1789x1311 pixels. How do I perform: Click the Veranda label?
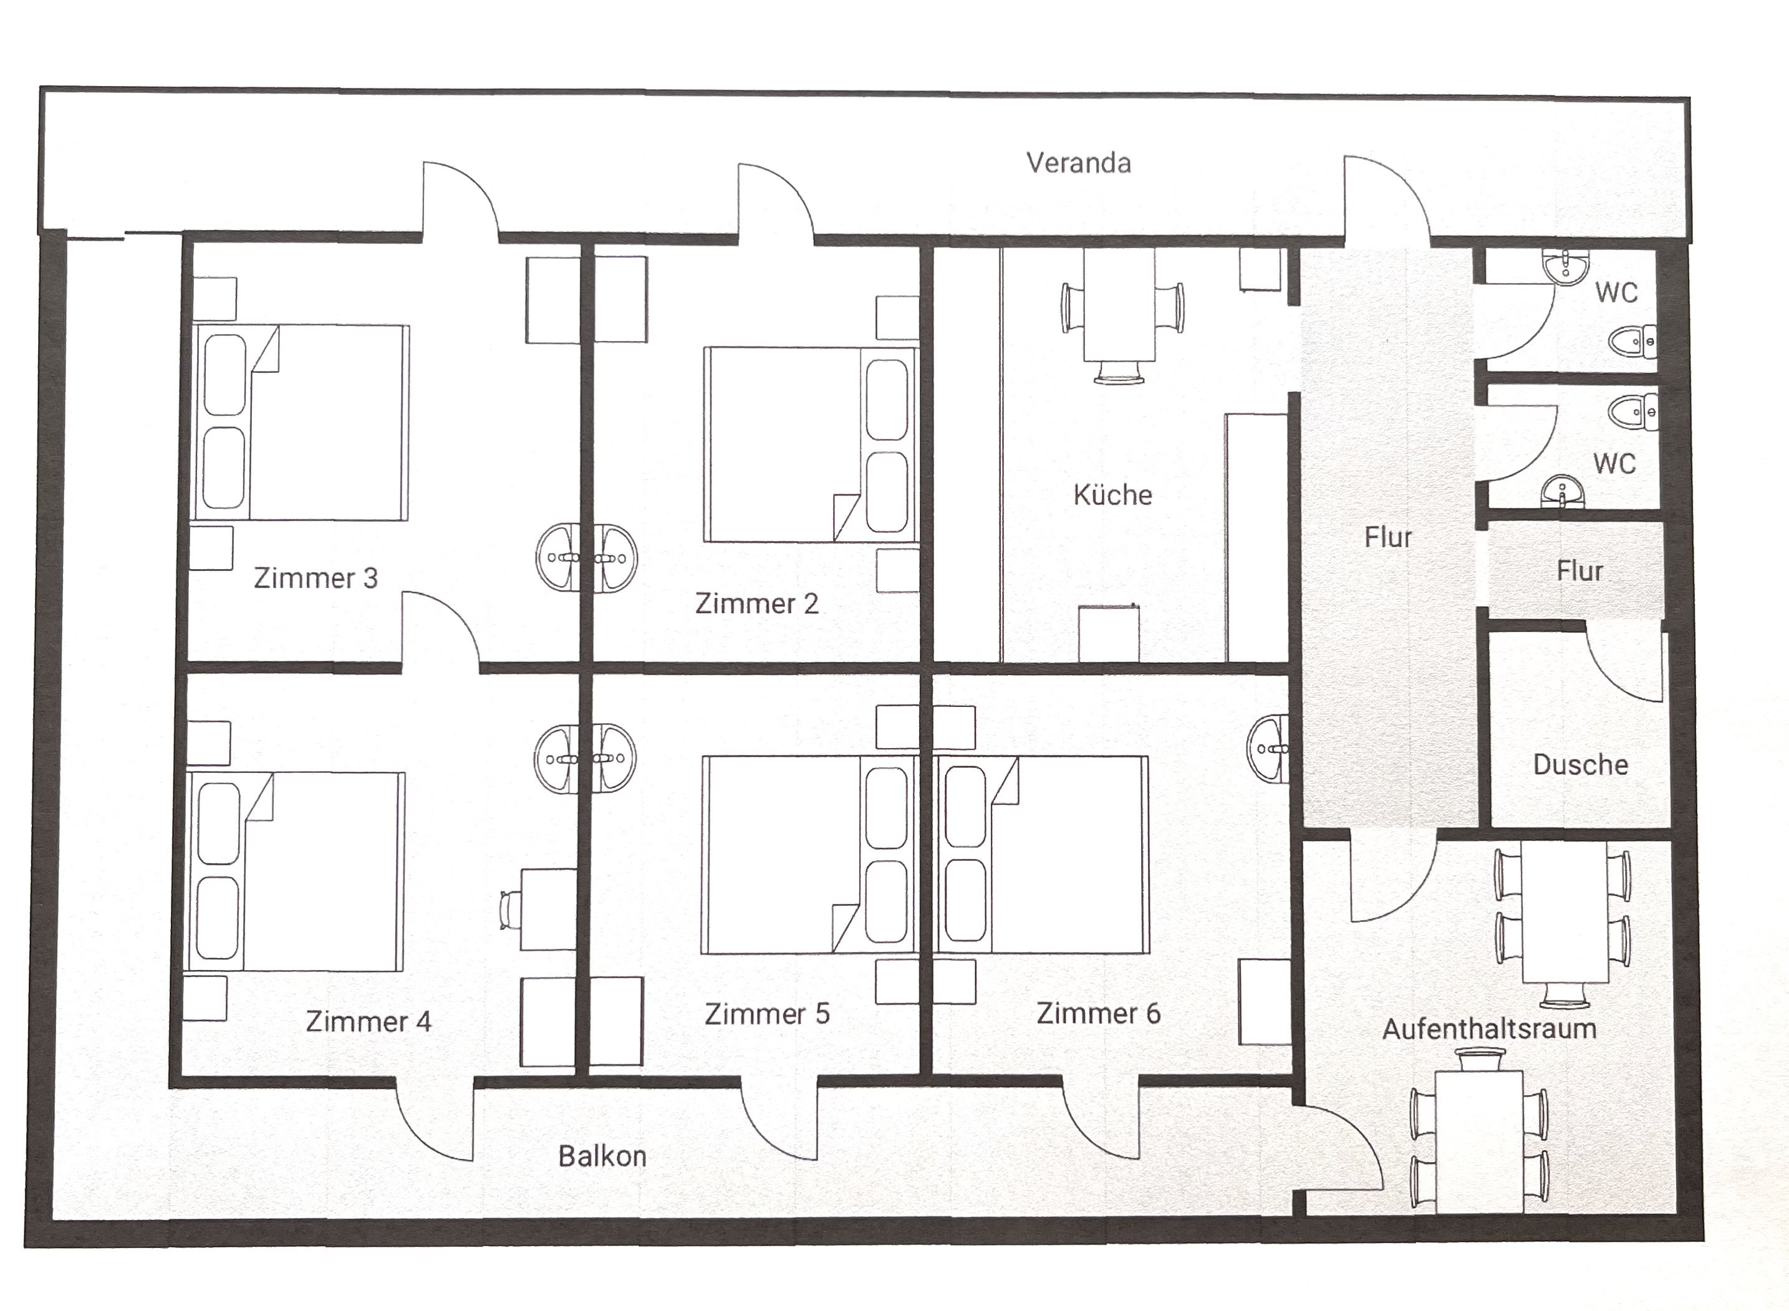pos(1079,163)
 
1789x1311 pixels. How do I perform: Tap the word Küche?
pos(1113,494)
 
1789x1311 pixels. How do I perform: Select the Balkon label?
pos(602,1156)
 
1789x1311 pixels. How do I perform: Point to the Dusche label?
pos(1580,764)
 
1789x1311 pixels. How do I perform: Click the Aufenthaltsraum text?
pos(1489,1029)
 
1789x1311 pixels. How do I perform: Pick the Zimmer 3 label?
pos(316,578)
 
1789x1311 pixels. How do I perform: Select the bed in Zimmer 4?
pos(294,872)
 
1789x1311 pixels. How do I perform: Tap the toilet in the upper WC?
pos(1634,341)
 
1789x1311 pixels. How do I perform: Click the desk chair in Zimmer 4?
pos(509,910)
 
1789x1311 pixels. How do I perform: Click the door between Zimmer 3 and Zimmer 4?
pos(440,631)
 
